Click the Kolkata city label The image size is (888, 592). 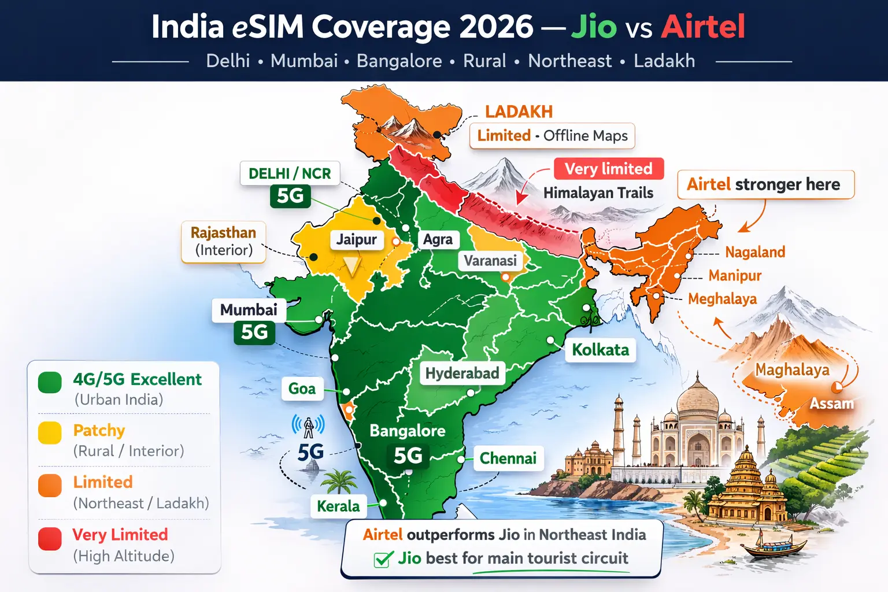point(600,350)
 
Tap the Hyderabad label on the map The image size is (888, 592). point(462,373)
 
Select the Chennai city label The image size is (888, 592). point(508,458)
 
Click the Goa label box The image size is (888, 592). point(302,389)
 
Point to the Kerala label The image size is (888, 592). point(338,506)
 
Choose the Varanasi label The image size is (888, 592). point(490,261)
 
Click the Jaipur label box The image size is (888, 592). point(356,239)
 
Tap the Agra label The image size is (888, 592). point(438,239)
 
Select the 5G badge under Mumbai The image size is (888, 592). point(254,332)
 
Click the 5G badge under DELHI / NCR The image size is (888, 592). point(290,196)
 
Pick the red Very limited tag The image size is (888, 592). point(608,169)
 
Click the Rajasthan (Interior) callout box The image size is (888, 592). point(224,242)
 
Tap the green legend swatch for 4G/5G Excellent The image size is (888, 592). point(50,382)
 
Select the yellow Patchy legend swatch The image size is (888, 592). point(50,433)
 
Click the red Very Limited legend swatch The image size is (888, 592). point(50,539)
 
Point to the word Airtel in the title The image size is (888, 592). point(703,27)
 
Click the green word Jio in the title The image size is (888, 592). point(594,27)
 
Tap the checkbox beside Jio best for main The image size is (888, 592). point(382,559)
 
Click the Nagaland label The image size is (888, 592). point(755,252)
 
